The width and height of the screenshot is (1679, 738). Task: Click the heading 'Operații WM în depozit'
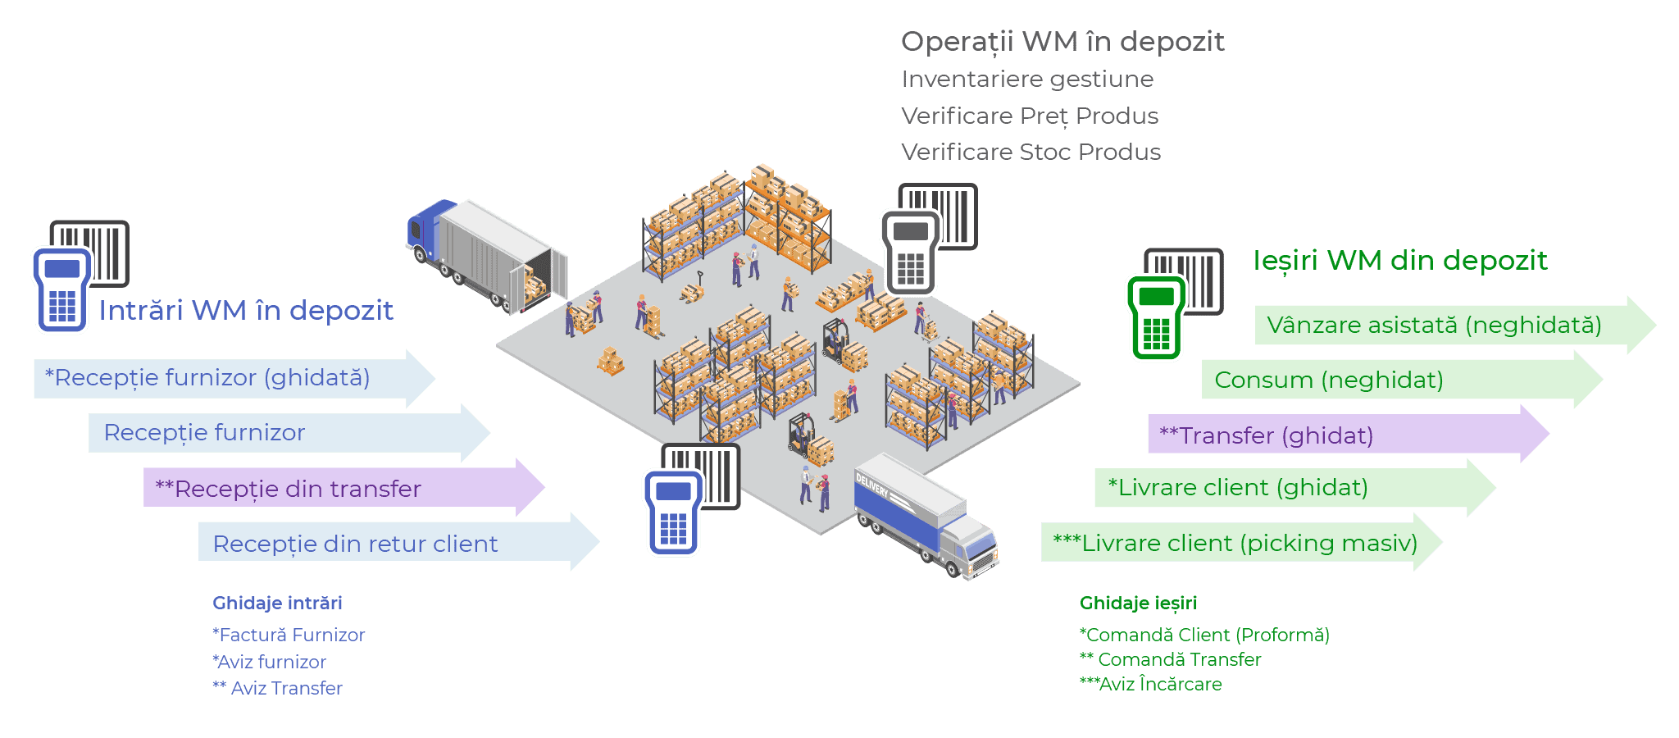[1062, 42]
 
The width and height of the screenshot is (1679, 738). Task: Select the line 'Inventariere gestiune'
[1027, 80]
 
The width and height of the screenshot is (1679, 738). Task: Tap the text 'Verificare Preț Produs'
[1030, 116]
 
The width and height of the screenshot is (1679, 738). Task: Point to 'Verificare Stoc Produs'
[1031, 153]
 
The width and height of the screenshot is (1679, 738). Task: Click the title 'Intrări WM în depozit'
[246, 311]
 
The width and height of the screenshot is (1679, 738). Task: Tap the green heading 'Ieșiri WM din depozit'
[1400, 261]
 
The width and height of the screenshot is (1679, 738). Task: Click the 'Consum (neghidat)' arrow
[1386, 380]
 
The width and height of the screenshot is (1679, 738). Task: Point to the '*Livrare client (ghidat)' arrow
[1279, 488]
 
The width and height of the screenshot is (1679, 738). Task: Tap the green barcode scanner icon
[1172, 305]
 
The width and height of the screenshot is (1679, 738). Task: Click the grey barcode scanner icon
[926, 239]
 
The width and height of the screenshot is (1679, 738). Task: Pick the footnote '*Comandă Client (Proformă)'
[1204, 635]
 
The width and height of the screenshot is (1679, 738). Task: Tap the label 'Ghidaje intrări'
[277, 604]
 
